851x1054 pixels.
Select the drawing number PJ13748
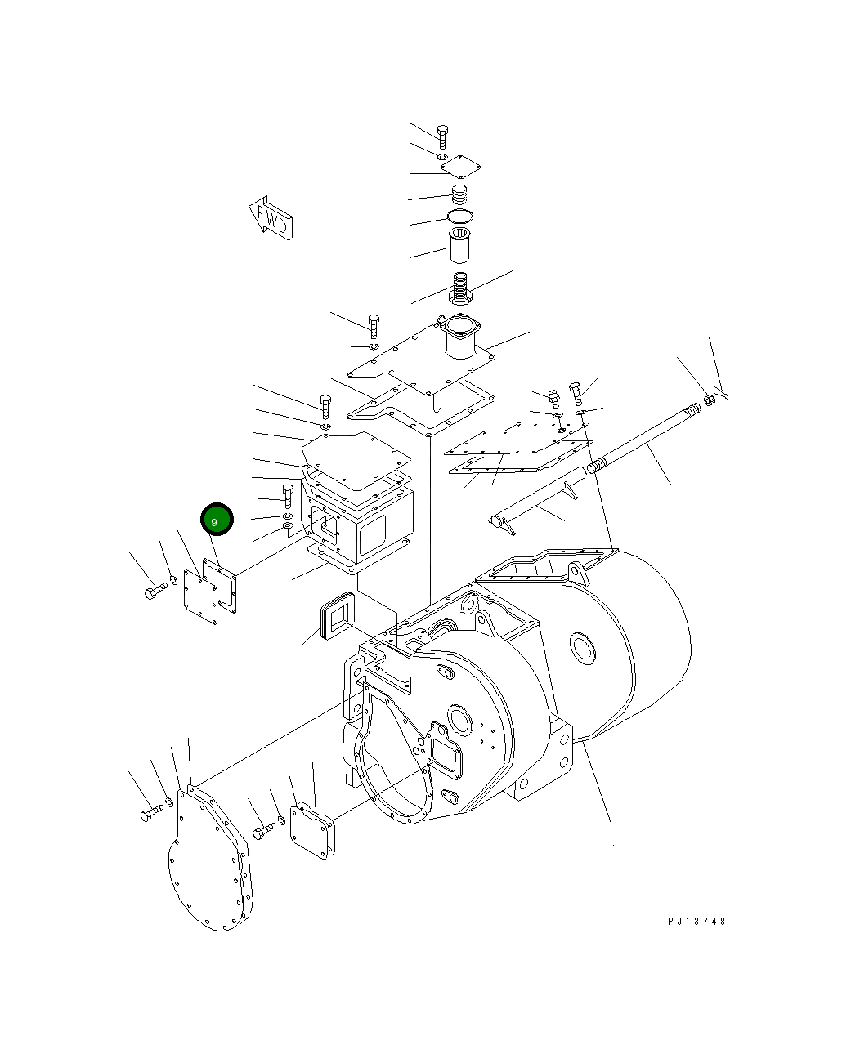(696, 922)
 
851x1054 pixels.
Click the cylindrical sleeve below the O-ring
(460, 247)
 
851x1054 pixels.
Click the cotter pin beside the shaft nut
(721, 393)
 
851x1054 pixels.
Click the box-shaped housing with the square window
(360, 523)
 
